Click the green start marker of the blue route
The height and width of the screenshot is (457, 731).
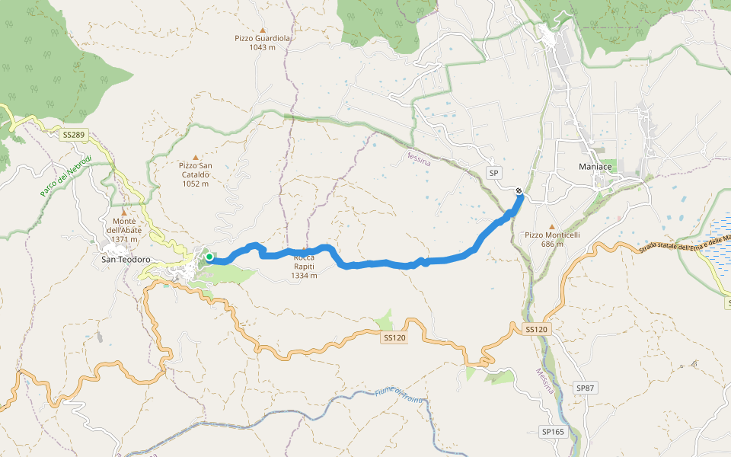click(x=209, y=257)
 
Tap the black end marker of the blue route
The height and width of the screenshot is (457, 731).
click(x=519, y=191)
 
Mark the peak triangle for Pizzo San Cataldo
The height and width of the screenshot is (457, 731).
click(x=196, y=155)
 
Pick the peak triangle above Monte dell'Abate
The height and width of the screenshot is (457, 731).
click(x=124, y=213)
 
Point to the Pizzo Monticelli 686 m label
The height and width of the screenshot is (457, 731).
click(x=552, y=239)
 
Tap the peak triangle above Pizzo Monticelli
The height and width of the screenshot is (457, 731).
click(x=552, y=225)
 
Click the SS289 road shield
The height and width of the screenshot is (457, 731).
click(x=75, y=135)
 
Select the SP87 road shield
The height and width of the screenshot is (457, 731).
click(x=585, y=388)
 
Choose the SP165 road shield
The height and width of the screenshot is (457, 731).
click(x=553, y=431)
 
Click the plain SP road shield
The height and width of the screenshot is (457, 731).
click(x=493, y=173)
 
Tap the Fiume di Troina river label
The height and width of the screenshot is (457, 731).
click(x=399, y=396)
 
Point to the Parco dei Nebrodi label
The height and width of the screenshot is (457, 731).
click(x=65, y=176)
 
